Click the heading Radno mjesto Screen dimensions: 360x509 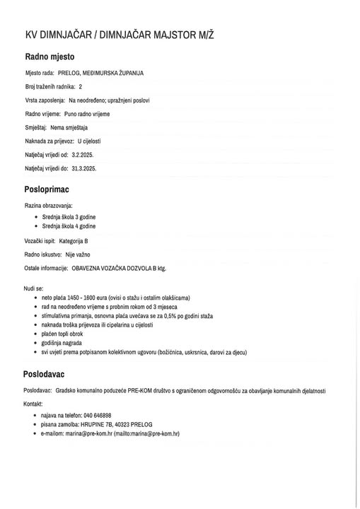pos(50,57)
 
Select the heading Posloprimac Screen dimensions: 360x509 pos(47,190)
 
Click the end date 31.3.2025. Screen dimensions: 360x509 pos(83,168)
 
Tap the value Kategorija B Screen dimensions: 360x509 pos(79,241)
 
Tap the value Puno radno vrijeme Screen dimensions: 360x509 pos(87,114)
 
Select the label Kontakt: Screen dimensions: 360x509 pos(33,403)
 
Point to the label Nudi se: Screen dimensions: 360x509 pos(33,288)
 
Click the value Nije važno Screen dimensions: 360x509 pos(79,255)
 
